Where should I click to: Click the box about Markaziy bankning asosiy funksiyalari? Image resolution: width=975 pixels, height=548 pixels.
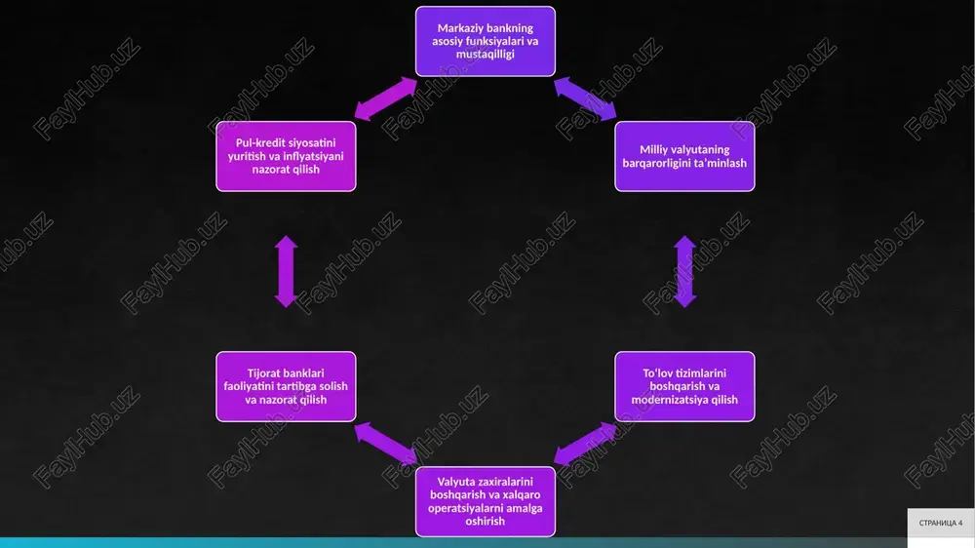pos(485,41)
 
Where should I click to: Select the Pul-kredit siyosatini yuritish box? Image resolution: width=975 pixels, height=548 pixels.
pos(286,156)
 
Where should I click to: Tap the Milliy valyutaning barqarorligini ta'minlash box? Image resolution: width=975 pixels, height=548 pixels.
pos(684,156)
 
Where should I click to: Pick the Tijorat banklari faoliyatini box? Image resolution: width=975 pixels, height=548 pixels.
pos(286,386)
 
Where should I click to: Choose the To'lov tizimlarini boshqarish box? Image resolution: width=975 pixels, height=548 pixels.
pos(684,386)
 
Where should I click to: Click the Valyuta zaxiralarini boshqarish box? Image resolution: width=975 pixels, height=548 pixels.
pos(485,501)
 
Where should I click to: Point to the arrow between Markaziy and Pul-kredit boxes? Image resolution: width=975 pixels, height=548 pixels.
pos(385,98)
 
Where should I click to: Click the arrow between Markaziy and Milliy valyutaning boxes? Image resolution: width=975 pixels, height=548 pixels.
pos(585,98)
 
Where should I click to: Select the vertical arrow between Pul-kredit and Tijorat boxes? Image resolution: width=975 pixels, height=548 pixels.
pos(286,271)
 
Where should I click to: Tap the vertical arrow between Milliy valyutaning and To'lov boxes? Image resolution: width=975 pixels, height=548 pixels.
pos(684,271)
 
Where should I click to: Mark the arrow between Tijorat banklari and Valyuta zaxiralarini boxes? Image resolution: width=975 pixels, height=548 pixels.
pos(385,444)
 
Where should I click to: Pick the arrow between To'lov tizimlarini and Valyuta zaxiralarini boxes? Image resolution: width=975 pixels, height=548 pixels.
pos(585,444)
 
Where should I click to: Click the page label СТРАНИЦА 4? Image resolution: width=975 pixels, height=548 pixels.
pos(941,523)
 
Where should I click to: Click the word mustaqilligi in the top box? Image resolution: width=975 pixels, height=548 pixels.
pos(485,54)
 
